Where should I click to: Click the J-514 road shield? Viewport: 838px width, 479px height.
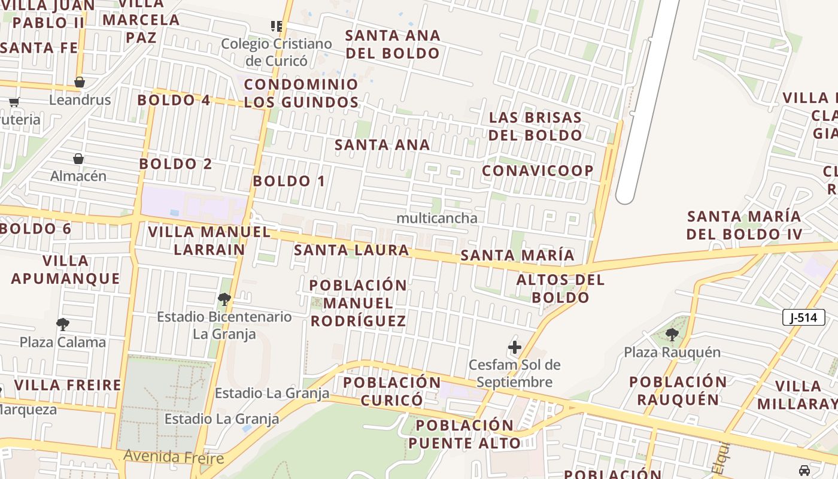[803, 317]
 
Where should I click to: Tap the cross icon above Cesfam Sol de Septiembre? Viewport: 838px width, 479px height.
[514, 347]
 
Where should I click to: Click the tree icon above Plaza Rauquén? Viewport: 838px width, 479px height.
[672, 335]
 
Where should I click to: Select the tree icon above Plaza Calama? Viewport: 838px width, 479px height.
[63, 325]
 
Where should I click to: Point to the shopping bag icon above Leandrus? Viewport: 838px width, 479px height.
[80, 82]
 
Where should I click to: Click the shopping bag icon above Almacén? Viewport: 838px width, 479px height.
[78, 159]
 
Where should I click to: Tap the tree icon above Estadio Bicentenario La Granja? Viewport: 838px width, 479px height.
[224, 299]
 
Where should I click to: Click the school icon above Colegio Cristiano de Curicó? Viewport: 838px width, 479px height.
[276, 26]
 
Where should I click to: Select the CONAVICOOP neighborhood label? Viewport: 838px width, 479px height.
[538, 171]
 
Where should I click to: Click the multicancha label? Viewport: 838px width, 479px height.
[437, 219]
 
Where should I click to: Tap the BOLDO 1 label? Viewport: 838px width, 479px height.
[289, 181]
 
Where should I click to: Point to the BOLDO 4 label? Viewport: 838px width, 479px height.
[174, 100]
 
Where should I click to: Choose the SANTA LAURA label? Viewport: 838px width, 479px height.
[351, 250]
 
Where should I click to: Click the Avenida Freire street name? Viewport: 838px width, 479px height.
[174, 457]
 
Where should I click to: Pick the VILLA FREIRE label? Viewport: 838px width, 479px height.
[68, 385]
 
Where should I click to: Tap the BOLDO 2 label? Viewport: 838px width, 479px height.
[175, 163]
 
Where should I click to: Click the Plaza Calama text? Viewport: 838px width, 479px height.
[63, 342]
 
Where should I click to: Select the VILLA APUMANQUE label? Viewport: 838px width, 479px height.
[66, 269]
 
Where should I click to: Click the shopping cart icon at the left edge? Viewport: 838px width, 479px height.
[14, 102]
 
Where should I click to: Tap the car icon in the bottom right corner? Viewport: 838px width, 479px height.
[804, 470]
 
